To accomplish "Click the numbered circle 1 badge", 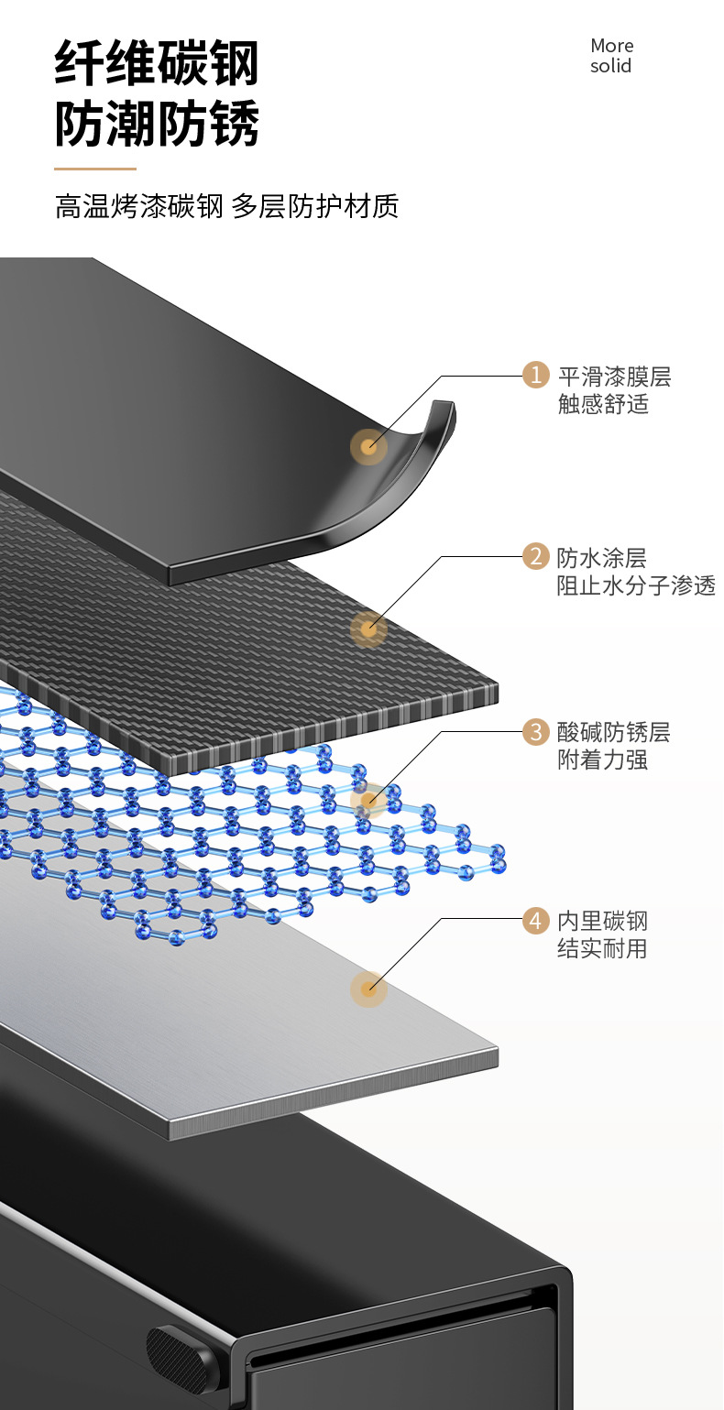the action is (536, 376).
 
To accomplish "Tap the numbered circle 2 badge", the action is (536, 556).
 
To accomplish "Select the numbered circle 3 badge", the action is (536, 732).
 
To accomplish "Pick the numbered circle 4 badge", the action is (536, 920).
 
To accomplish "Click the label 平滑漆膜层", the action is (614, 377).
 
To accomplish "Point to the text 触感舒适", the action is (603, 404).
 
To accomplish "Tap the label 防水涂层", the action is (601, 557).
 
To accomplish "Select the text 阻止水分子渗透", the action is (636, 585).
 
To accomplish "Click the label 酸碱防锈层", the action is (613, 732).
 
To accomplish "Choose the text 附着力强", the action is (602, 760).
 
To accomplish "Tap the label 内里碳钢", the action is (602, 921).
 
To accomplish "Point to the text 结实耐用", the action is (602, 948).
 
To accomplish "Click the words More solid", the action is (611, 56).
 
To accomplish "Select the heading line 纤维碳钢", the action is (157, 63).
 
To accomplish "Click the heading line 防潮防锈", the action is (157, 124).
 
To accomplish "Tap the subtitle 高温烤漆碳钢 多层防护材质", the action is (226, 206).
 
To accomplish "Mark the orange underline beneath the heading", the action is (95, 169).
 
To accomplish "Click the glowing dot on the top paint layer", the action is (368, 446).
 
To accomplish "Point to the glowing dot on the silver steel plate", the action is (368, 989).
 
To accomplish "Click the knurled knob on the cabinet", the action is (181, 1355).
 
